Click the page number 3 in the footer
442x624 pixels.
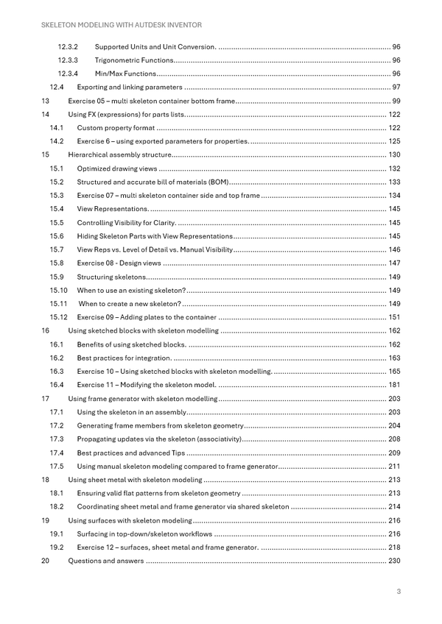click(x=398, y=592)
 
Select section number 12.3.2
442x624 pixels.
click(x=69, y=46)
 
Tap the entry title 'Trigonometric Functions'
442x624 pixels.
click(x=134, y=60)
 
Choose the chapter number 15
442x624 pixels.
click(x=45, y=155)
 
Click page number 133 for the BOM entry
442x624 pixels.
click(x=394, y=182)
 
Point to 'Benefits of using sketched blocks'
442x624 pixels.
click(x=131, y=344)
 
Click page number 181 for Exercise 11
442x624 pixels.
click(x=394, y=385)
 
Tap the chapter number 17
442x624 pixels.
click(x=45, y=398)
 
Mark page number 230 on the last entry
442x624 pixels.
click(x=394, y=561)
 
